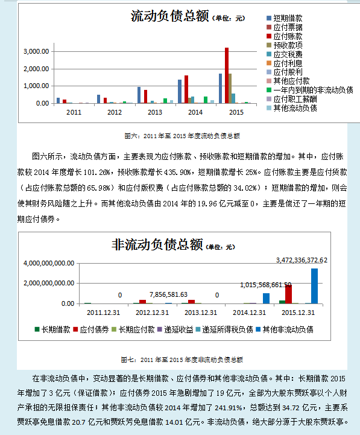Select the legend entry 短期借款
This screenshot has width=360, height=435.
288,19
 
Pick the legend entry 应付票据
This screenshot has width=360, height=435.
288,28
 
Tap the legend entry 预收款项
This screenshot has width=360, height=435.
288,45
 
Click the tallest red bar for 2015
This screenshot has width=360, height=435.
227,75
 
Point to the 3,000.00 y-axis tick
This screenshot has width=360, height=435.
36,52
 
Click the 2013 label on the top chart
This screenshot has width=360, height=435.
155,113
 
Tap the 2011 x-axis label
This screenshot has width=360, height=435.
74,113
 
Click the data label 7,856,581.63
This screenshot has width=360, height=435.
168,294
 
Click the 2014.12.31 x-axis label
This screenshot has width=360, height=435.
249,313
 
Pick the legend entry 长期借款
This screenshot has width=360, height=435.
56,330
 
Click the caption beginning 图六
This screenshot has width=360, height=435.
182,136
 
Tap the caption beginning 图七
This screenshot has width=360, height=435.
182,360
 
